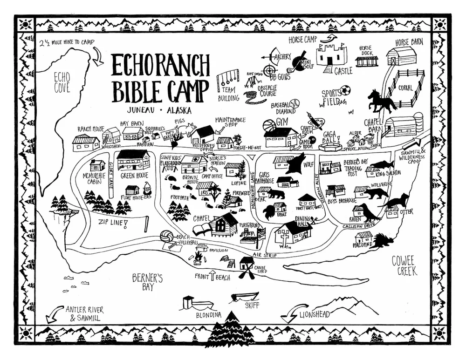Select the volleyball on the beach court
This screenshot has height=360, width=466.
pos(166,237)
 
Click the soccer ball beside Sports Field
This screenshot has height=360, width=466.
pos(345,90)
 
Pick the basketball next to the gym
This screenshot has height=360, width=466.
pos(269,126)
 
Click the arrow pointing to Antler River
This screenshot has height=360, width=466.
pos(53,313)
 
